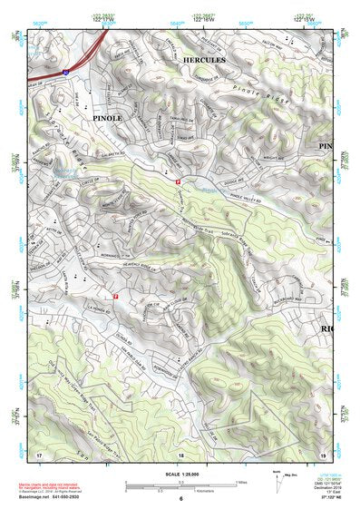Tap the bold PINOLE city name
106,118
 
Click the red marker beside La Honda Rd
116,296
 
